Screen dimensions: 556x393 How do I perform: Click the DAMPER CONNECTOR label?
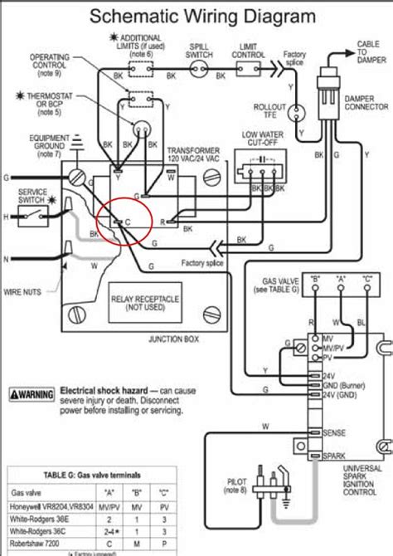point(366,103)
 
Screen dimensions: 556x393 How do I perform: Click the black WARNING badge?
point(32,391)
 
